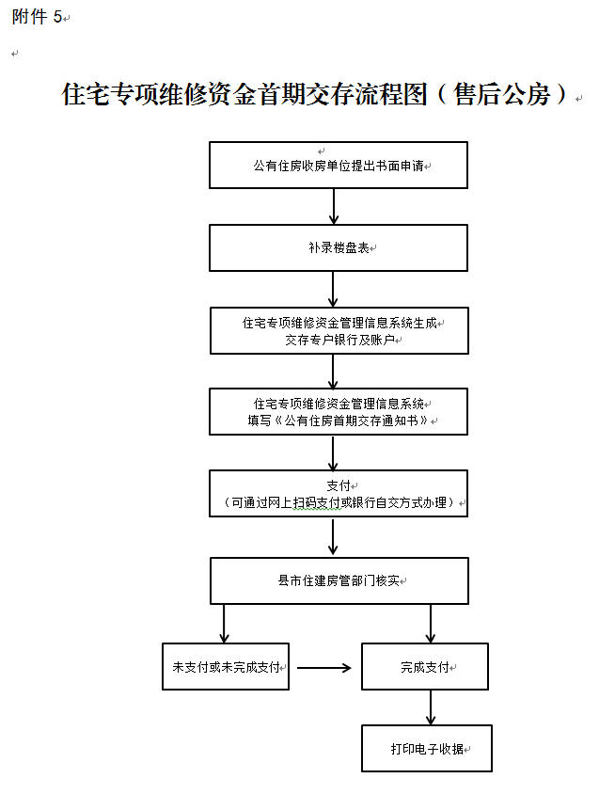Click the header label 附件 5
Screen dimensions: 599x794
tap(37, 17)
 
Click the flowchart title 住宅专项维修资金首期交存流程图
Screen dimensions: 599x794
tap(244, 94)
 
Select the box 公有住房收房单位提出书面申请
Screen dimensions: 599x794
tap(339, 165)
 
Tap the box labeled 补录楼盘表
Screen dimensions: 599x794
tap(339, 247)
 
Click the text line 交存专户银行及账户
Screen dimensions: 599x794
tap(339, 340)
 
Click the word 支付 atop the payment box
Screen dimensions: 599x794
tap(339, 485)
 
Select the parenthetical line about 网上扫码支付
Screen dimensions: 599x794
tap(339, 502)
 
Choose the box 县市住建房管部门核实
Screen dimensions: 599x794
tap(339, 580)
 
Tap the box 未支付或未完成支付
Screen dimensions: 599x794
tap(226, 666)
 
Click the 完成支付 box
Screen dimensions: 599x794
tap(425, 666)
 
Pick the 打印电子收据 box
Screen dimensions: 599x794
tap(427, 749)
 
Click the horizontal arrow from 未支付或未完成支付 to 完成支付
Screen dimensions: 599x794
tap(324, 668)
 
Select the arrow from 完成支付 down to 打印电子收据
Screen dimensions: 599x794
tap(431, 707)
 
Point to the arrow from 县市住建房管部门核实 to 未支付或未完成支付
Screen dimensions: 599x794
tap(224, 624)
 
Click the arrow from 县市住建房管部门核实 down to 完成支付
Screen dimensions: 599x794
tap(431, 624)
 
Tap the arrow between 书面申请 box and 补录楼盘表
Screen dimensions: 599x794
tap(334, 207)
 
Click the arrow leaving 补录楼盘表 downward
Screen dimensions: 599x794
tap(333, 289)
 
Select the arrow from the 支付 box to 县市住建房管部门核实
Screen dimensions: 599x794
tap(333, 536)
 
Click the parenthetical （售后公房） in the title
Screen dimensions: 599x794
tap(502, 94)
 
